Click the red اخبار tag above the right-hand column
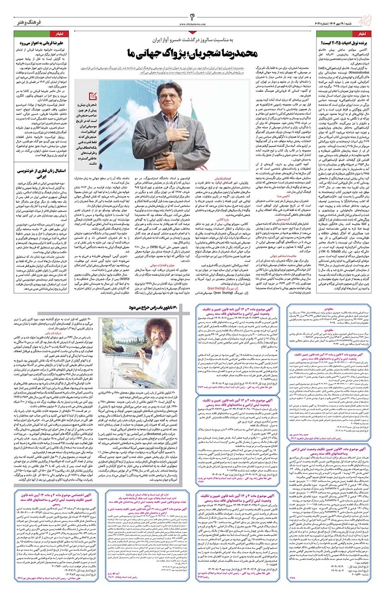tap(371, 34)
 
